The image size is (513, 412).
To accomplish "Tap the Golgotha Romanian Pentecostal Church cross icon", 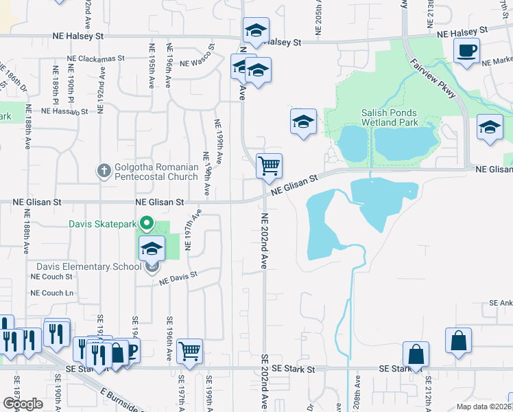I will pos(104,170).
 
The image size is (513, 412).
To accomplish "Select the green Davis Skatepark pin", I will pos(146,223).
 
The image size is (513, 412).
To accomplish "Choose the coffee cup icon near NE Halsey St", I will pos(466,50).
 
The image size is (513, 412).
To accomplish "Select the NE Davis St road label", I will pos(178,277).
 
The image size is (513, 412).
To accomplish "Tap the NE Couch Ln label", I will pos(51,293).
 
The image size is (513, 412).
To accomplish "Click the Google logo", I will pos(23,404).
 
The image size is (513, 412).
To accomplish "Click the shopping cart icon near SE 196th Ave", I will pos(189,351).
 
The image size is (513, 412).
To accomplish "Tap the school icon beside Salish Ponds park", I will pos(303,122).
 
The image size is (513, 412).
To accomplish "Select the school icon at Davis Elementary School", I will pos(152,249).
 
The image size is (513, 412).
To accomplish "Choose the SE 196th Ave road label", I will pos(169,339).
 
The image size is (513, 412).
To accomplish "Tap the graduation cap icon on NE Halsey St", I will pos(256,30).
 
